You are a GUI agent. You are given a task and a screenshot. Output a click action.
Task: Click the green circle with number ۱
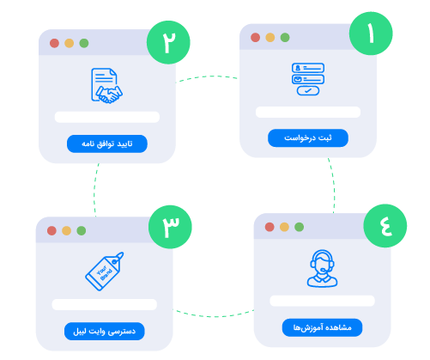click(x=371, y=34)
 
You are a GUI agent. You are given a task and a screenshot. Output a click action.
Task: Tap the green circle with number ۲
click(x=168, y=42)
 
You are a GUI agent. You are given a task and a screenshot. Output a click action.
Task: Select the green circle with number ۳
click(x=170, y=227)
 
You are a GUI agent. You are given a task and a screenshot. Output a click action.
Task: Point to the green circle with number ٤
click(x=385, y=226)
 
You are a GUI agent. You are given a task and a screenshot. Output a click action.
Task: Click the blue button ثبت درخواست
click(x=308, y=138)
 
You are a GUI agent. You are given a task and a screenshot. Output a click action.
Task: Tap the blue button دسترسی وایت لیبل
click(x=105, y=332)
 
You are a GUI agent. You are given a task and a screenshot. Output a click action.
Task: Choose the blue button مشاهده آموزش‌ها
click(x=322, y=327)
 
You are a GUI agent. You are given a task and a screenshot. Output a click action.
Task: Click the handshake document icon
click(x=106, y=86)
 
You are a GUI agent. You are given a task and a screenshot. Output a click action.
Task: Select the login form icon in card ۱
click(x=308, y=79)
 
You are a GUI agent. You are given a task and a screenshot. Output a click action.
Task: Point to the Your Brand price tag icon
click(x=104, y=272)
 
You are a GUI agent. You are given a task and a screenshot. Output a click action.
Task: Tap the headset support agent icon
click(x=322, y=268)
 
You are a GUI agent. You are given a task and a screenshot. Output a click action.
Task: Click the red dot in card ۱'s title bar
click(x=255, y=37)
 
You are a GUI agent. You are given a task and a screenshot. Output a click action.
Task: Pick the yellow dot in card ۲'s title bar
click(x=70, y=43)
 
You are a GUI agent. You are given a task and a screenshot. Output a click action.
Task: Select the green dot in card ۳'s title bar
click(x=82, y=230)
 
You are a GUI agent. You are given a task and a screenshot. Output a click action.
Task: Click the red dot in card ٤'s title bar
click(x=270, y=227)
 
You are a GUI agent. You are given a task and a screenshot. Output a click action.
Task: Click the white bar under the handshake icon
click(x=107, y=117)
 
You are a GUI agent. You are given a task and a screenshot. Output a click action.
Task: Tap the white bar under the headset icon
click(x=322, y=301)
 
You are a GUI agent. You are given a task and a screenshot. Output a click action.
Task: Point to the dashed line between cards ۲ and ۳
click(x=94, y=190)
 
